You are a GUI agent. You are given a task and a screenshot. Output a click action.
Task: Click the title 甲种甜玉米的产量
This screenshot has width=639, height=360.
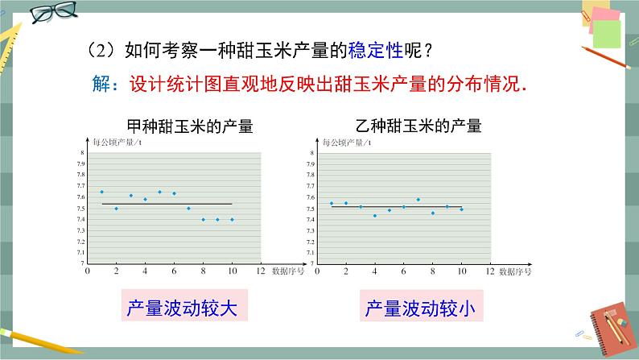click(190, 126)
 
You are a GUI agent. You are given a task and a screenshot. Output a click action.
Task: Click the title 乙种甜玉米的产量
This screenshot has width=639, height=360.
click(418, 126)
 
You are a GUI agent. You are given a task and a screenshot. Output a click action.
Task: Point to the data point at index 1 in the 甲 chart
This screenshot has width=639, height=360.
click(101, 192)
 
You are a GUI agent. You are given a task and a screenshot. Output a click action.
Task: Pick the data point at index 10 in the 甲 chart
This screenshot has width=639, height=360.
click(232, 219)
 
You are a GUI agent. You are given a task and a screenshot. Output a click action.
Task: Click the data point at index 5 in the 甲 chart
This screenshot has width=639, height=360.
click(159, 192)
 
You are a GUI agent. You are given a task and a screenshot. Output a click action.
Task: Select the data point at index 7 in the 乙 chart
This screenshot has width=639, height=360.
click(418, 199)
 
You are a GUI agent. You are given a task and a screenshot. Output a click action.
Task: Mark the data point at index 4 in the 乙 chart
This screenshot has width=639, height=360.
click(374, 216)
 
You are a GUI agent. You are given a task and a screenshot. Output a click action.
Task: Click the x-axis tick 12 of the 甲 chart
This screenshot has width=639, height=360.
click(261, 271)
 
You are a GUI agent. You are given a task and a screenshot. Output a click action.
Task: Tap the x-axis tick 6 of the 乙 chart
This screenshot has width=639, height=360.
click(404, 271)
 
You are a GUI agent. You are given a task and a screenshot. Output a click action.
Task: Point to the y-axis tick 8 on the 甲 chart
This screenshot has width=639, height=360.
click(81, 153)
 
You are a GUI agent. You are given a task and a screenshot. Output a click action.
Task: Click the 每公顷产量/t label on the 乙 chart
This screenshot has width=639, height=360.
click(345, 143)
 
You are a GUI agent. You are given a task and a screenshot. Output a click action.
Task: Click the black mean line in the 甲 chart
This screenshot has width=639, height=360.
click(167, 204)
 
